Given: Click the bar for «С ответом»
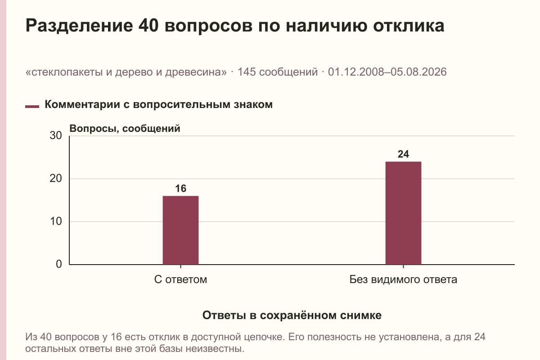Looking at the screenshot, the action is [x=180, y=230].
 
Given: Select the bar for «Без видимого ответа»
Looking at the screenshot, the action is [x=403, y=213].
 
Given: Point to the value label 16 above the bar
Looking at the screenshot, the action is [x=180, y=189].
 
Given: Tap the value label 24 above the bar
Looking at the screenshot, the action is [x=403, y=154].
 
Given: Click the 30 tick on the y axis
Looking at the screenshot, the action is [x=56, y=135].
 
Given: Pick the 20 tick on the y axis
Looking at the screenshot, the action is [x=56, y=179].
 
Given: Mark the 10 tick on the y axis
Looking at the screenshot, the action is [x=56, y=221].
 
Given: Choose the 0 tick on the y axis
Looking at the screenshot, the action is [x=59, y=264].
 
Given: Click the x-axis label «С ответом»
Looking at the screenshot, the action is [x=180, y=280].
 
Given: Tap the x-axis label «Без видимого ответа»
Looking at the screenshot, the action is [x=403, y=280].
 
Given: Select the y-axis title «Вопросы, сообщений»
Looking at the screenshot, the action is [x=125, y=129].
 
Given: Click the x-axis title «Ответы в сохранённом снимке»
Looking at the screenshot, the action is [x=292, y=315].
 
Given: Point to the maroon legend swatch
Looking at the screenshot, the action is [x=32, y=107].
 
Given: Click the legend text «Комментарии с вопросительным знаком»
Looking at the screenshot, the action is [x=158, y=105].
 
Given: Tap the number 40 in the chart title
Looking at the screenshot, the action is [x=148, y=26].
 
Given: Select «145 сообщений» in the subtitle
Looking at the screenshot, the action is [x=278, y=72].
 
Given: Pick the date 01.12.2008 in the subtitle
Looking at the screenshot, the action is [x=356, y=72].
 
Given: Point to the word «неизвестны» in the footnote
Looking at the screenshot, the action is [x=213, y=349].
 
